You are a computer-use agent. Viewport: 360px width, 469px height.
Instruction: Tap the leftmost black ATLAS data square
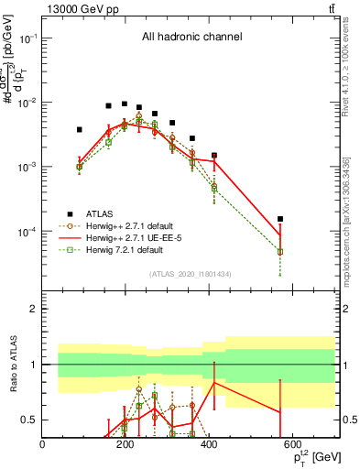coord(80,130)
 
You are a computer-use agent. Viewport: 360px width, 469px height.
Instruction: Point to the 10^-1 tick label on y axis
coord(28,38)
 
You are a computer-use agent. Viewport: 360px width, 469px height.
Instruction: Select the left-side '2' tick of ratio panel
coord(33,309)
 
